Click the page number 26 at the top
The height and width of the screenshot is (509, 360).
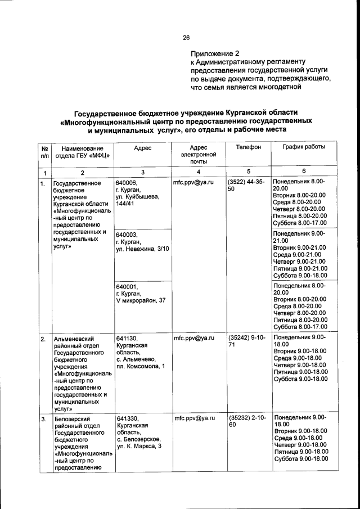tap(186, 38)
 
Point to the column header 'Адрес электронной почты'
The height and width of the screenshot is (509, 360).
tap(199, 154)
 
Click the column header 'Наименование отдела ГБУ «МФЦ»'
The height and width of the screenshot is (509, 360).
tap(82, 151)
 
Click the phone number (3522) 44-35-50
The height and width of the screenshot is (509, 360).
tap(246, 186)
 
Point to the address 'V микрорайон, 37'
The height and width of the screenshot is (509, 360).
tap(140, 301)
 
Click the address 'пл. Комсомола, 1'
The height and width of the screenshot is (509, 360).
tap(140, 367)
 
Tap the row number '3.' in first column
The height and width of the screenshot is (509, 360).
tap(43, 419)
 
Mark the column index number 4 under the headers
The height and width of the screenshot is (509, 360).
tap(199, 172)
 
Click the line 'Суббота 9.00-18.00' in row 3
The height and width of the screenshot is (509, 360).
tap(300, 459)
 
